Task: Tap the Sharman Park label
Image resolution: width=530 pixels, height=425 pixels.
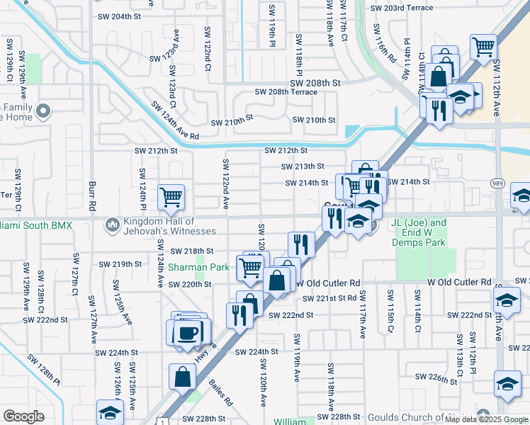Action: tap(199, 268)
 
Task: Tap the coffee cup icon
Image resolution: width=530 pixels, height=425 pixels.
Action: tap(188, 331)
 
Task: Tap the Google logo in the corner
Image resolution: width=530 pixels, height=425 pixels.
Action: tap(23, 416)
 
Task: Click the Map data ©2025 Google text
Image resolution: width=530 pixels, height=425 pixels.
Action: tap(485, 419)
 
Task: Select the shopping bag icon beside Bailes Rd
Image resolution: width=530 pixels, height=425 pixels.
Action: tap(183, 377)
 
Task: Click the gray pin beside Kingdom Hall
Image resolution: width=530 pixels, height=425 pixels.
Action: tap(112, 225)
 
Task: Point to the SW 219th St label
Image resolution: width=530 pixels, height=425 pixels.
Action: tap(122, 263)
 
